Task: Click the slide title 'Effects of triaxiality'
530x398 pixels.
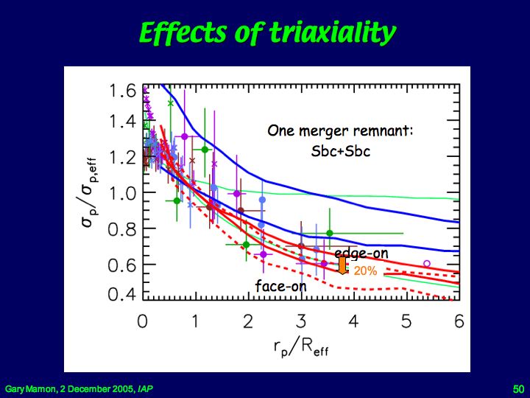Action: click(x=266, y=33)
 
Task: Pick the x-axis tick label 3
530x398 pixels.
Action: click(x=301, y=321)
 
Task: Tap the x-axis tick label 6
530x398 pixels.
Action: click(x=459, y=321)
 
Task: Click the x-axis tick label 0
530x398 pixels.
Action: click(x=143, y=321)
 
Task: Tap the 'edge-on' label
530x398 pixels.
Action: click(x=361, y=254)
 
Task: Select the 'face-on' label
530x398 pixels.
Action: click(x=280, y=286)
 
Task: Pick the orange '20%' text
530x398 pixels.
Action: click(x=365, y=271)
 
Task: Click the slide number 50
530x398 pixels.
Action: click(x=517, y=388)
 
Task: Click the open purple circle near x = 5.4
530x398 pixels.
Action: click(x=427, y=264)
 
